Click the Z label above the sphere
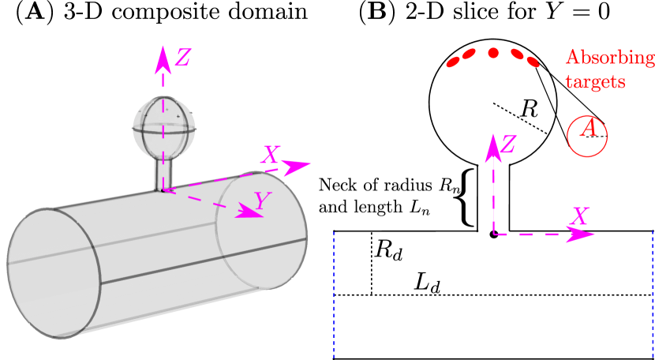[x=182, y=58]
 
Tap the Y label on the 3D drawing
[x=264, y=202]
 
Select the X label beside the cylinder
[x=270, y=155]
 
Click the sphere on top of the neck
[x=164, y=126]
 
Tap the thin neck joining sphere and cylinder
[x=163, y=173]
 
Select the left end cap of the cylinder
[x=54, y=273]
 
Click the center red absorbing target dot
[x=493, y=53]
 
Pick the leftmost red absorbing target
[x=453, y=62]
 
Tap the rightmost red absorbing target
[x=533, y=61]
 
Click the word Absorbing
[x=609, y=59]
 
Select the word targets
[x=596, y=81]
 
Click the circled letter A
[x=586, y=135]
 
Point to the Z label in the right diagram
[x=508, y=144]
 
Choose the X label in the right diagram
[x=581, y=215]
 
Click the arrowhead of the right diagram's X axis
[x=583, y=234]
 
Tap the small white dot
[x=439, y=178]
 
